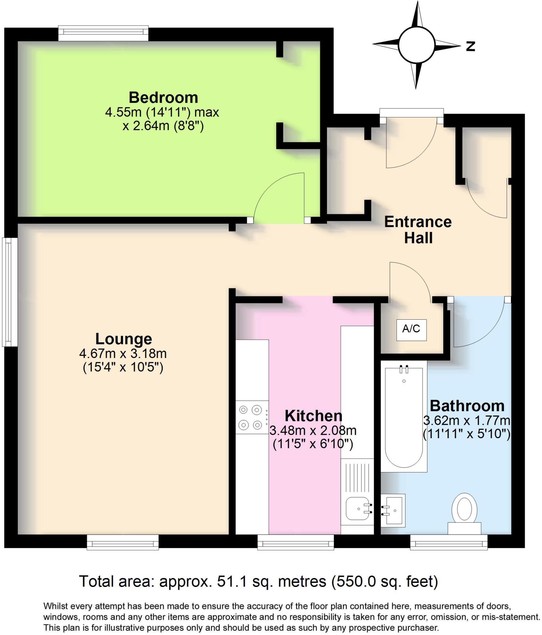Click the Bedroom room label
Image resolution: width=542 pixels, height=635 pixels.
point(163,98)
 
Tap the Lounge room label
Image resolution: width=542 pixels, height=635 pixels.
point(123,339)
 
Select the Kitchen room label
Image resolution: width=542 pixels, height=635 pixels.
point(313,416)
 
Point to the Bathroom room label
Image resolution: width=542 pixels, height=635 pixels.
point(467,406)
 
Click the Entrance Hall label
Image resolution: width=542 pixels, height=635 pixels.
point(418,230)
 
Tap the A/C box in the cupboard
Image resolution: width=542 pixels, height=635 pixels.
point(411,329)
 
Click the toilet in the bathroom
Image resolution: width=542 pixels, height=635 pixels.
point(464,512)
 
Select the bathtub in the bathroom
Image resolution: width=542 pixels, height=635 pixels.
point(403,415)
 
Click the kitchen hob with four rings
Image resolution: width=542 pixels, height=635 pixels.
point(251,417)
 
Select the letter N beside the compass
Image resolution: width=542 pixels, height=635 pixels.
point(470,47)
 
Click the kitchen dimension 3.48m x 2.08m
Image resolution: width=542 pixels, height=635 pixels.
point(313,430)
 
